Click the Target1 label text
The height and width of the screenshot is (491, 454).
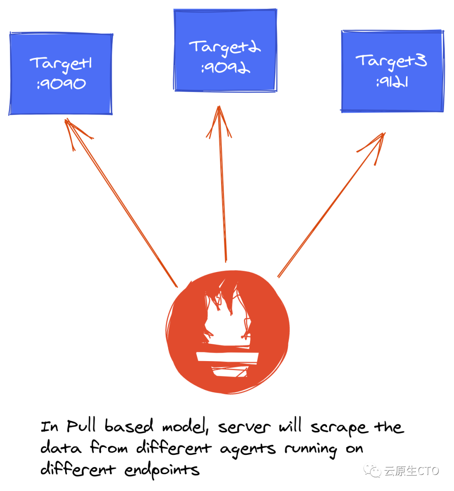pos(61,64)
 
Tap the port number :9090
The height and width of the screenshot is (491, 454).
pos(61,84)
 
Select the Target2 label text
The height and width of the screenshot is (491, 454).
pos(225,48)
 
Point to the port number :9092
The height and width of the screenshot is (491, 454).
pos(226,68)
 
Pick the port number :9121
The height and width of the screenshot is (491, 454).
pos(392,82)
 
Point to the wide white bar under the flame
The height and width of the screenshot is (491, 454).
pos(227,358)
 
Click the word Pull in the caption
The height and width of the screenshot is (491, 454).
pos(82,426)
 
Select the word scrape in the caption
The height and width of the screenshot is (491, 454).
pos(339,428)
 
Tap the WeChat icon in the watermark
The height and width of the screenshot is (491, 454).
pos(372,470)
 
